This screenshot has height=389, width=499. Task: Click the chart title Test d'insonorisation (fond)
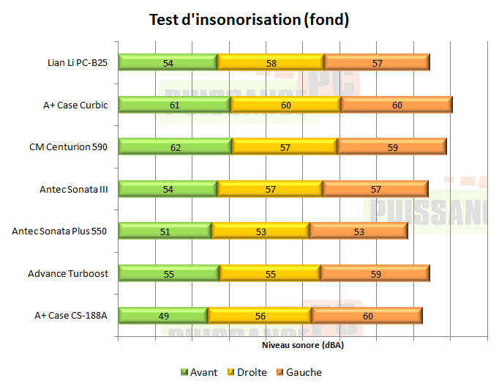tap(249, 20)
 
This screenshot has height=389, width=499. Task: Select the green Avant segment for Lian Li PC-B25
tap(168, 63)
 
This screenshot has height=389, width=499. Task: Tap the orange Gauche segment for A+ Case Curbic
tap(397, 105)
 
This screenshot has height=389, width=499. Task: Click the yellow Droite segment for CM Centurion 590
tap(285, 147)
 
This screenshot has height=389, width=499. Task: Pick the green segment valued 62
tap(175, 147)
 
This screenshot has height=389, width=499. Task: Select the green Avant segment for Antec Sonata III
tap(168, 189)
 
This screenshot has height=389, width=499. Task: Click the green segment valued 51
tap(165, 231)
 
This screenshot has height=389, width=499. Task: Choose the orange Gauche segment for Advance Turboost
tap(375, 274)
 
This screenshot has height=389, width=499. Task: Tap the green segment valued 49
tap(162, 316)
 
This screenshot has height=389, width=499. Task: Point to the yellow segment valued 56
tap(260, 316)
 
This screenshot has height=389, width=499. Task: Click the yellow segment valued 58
tap(271, 63)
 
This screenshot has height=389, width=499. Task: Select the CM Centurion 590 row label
tap(68, 147)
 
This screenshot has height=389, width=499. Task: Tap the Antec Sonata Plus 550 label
tap(59, 231)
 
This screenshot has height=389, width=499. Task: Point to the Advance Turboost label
tap(68, 274)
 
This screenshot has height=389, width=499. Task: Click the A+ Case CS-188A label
tap(70, 316)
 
